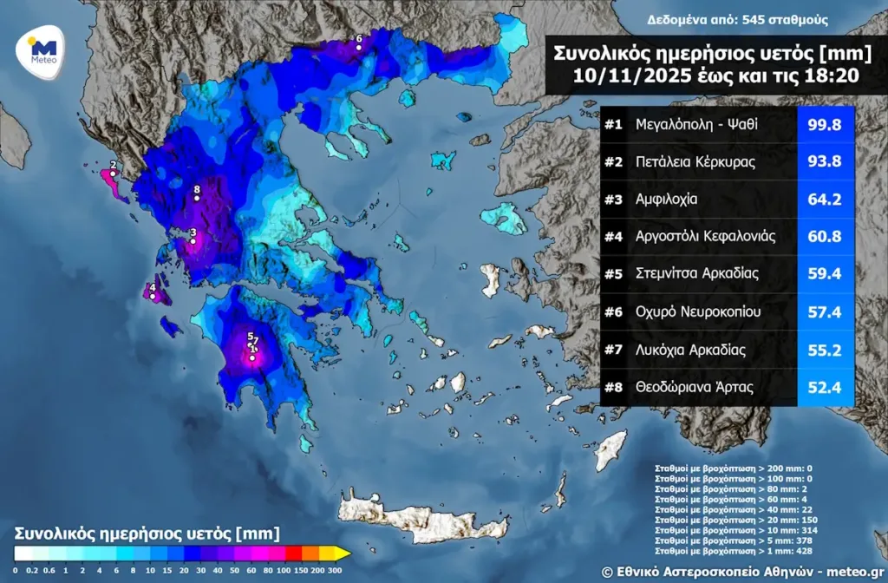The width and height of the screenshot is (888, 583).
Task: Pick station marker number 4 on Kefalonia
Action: [x=153, y=296]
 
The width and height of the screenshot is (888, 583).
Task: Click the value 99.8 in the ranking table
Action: [x=825, y=125]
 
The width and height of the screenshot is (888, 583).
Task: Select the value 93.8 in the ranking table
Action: [x=825, y=162]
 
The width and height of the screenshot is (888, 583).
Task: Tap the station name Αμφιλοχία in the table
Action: [x=667, y=200]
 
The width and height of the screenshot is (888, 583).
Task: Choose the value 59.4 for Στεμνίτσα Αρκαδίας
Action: [x=825, y=274]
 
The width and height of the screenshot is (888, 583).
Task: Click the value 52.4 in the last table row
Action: [x=825, y=387]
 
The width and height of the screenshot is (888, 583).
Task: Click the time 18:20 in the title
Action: [x=830, y=75]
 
